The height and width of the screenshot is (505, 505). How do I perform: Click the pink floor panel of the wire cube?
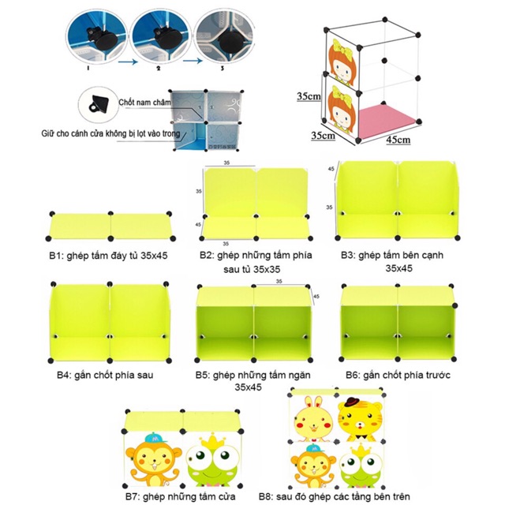click(x=381, y=119)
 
